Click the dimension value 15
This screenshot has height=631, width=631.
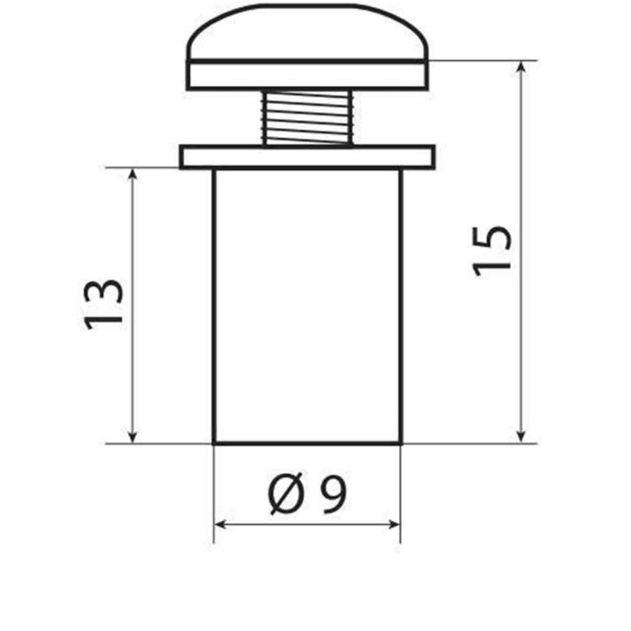(493, 250)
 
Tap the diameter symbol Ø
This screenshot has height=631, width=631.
(286, 494)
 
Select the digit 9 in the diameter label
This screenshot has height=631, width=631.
(334, 494)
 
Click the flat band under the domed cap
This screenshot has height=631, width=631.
(306, 75)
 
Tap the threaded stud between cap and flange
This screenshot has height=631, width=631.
(306, 117)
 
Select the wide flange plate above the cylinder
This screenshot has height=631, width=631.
(306, 157)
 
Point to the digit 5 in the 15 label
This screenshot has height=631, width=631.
(493, 237)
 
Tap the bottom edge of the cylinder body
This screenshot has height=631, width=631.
(306, 444)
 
